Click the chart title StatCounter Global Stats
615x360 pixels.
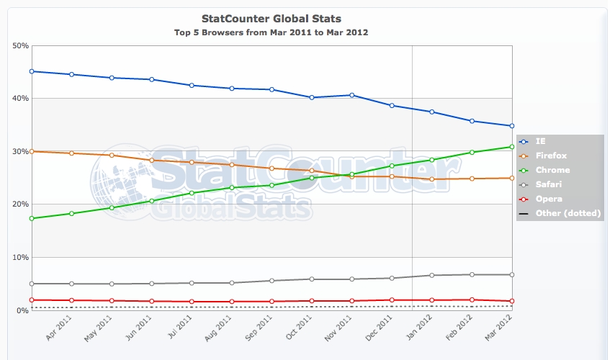click(271, 17)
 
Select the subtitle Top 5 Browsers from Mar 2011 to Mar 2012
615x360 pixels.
click(271, 32)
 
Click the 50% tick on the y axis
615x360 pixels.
click(20, 45)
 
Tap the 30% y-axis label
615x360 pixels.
click(20, 151)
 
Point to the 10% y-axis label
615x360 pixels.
click(20, 257)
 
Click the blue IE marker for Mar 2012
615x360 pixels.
click(511, 126)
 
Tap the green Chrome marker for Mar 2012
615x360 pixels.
click(511, 147)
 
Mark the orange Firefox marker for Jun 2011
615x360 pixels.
click(151, 160)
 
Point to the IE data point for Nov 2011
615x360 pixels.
click(351, 95)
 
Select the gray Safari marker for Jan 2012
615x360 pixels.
click(431, 275)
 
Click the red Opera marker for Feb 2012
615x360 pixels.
click(472, 300)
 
